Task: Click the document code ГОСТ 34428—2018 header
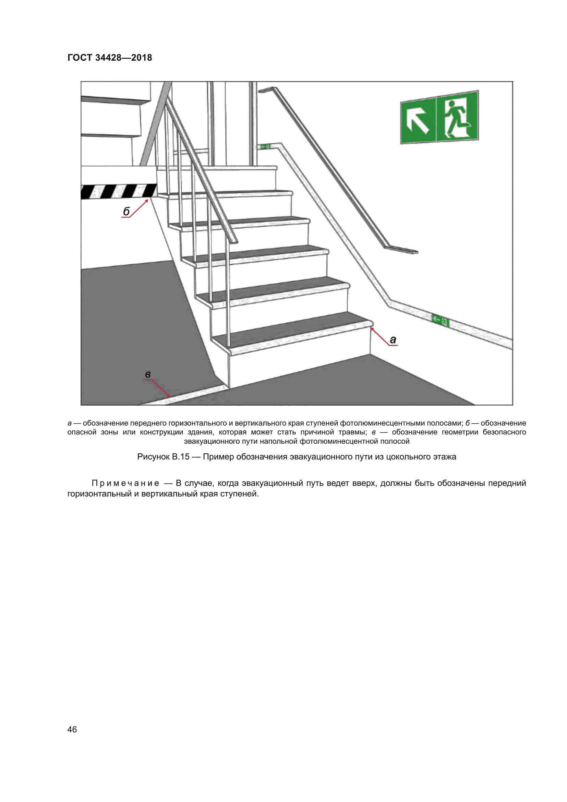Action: pyautogui.click(x=110, y=58)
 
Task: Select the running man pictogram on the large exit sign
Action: pyautogui.click(x=457, y=118)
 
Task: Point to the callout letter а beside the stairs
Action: pyautogui.click(x=393, y=339)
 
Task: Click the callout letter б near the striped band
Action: pyautogui.click(x=126, y=211)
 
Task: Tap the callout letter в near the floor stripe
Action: pyautogui.click(x=148, y=374)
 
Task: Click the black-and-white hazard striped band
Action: pyautogui.click(x=119, y=191)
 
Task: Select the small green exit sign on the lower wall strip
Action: pyautogui.click(x=440, y=320)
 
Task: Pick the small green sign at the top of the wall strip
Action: pyautogui.click(x=265, y=146)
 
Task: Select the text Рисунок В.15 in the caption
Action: pyautogui.click(x=163, y=457)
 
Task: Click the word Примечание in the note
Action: pyautogui.click(x=125, y=483)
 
